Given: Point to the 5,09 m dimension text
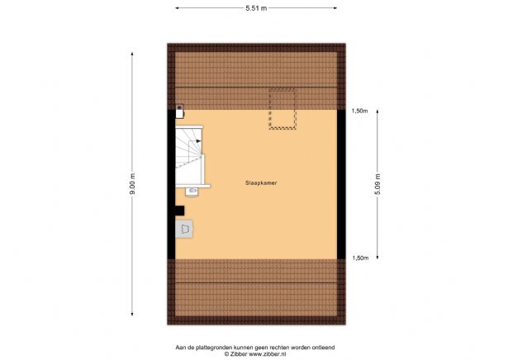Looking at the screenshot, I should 377,182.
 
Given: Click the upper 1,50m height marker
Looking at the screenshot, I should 358,111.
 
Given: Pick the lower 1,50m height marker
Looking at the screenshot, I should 358,258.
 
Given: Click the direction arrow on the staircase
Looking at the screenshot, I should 199,143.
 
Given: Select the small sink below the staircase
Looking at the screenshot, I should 192,191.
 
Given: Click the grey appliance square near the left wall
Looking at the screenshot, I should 185,227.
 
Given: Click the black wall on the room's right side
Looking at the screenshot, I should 341,183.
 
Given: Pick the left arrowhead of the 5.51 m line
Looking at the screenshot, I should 178,7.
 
